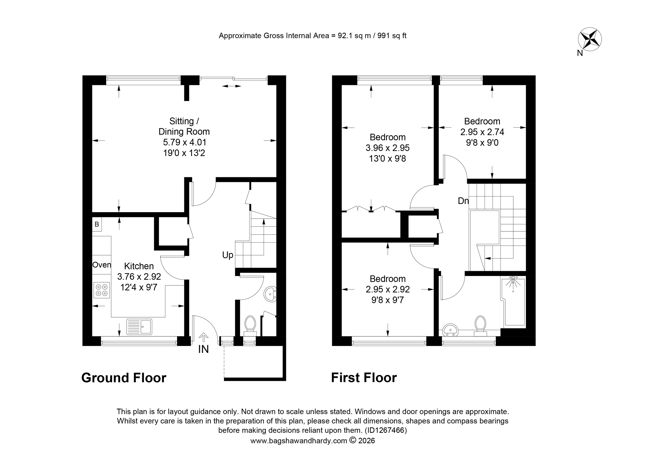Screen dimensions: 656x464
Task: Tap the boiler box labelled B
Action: (x=97, y=224)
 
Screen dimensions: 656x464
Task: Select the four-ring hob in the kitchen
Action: (x=102, y=290)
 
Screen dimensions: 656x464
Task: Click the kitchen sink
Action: (x=139, y=327)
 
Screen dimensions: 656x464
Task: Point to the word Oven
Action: (x=102, y=265)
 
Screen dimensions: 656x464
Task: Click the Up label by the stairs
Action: (x=228, y=255)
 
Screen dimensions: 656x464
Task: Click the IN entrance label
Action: (x=203, y=349)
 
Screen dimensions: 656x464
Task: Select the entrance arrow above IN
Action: (x=203, y=337)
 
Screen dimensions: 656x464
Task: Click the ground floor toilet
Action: (x=250, y=325)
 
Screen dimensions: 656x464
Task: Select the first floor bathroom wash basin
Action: (x=450, y=330)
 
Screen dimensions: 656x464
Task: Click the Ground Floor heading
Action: (x=124, y=378)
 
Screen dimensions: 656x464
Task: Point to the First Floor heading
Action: (x=364, y=378)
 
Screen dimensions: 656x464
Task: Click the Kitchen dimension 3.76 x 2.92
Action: (x=139, y=277)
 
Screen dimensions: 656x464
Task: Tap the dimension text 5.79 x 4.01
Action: (x=184, y=142)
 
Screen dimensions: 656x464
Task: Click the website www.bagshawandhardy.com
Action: (x=299, y=441)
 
